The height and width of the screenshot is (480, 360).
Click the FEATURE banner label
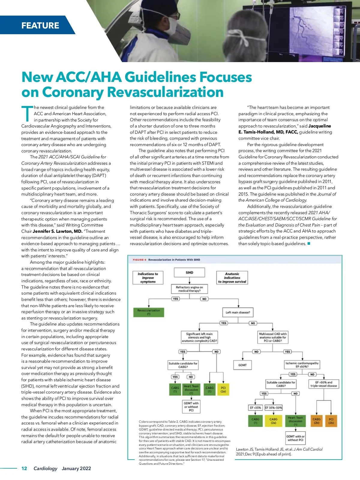(x=40, y=25)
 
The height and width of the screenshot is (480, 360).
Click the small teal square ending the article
(x=309, y=244)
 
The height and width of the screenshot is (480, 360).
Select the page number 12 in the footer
(x=24, y=468)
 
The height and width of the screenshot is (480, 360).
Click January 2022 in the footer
(x=76, y=468)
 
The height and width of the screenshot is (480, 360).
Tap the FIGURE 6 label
(x=139, y=260)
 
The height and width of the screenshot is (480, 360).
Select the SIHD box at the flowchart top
(x=189, y=272)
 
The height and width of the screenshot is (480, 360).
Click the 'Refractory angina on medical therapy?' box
(x=189, y=289)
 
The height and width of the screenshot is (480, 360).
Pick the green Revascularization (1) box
(x=148, y=312)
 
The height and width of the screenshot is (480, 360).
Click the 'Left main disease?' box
(x=238, y=312)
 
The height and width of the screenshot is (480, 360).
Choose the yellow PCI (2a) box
(x=223, y=389)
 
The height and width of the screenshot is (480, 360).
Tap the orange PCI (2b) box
(x=331, y=421)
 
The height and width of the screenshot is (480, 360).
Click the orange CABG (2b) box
(x=316, y=421)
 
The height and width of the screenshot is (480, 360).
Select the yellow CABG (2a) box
(x=273, y=421)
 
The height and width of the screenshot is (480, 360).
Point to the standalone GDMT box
(x=242, y=365)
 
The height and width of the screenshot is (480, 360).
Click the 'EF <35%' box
(x=255, y=408)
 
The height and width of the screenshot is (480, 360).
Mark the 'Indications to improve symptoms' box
(x=148, y=278)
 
